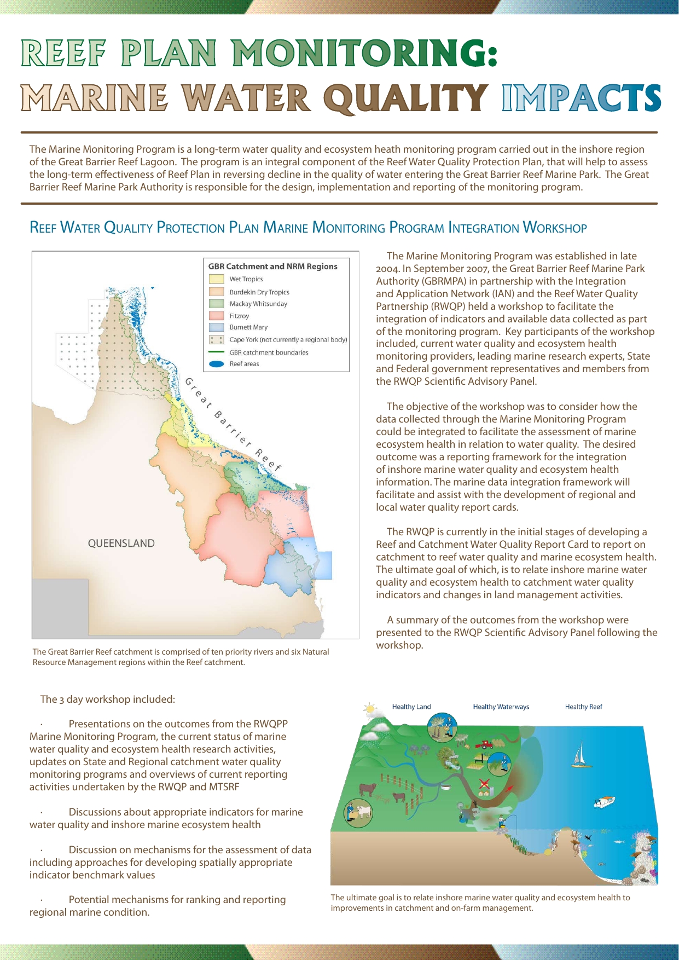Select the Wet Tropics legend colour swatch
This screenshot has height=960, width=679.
pos(217,279)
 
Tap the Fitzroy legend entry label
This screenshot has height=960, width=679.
pos(239,316)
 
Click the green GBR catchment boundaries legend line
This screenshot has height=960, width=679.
pos(217,352)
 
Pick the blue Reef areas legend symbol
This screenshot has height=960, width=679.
pos(217,364)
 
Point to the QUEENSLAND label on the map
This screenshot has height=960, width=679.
pos(121,543)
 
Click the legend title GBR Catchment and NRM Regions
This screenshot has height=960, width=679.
pos(272,267)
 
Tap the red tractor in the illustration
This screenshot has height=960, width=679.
pos(484,744)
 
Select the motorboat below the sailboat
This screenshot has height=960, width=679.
pos(605,802)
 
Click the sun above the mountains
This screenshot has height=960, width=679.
pos(371,709)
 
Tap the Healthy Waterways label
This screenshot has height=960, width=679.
pos(501,707)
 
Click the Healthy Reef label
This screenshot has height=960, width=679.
pos(583,707)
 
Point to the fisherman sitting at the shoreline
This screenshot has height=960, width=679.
pos(501,821)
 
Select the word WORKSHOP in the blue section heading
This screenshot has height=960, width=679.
pos(554,228)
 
